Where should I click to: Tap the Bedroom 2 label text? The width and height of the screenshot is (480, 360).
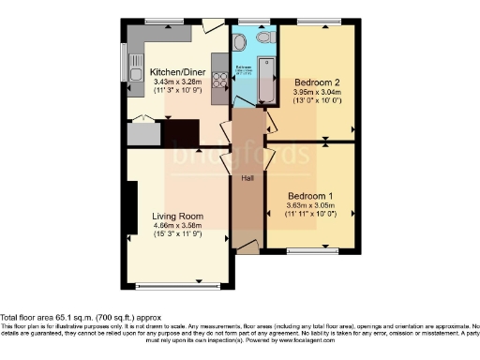pos(317,82)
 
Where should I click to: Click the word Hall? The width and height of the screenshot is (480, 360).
pos(247,177)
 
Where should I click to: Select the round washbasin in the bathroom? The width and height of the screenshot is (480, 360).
pos(240,42)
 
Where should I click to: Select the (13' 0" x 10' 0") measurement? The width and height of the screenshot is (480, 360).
pos(317,103)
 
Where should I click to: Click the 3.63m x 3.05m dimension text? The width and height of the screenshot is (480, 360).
pos(310,205)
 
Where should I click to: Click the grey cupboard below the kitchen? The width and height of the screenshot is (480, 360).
pos(142,134)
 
